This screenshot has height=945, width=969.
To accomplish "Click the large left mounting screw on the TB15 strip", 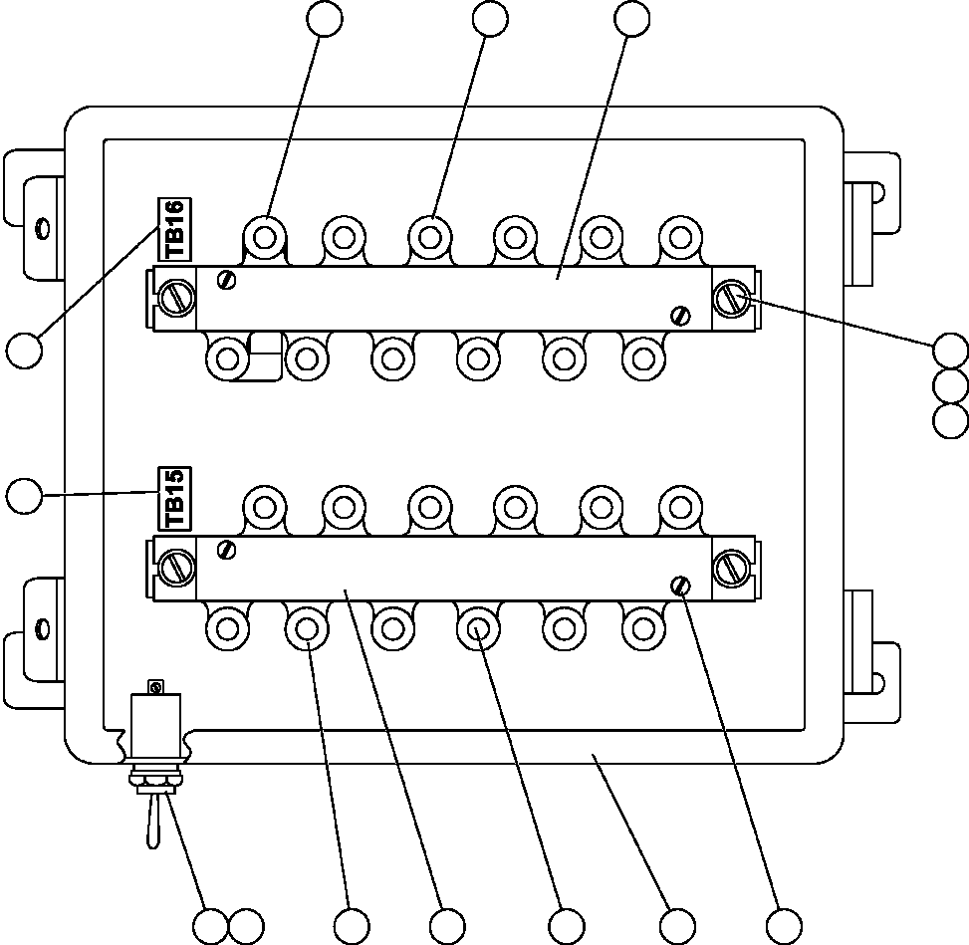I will tap(177, 567).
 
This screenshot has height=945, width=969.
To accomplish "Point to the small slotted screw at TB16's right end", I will tap(681, 315).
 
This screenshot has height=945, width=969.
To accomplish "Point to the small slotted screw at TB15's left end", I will tap(227, 549).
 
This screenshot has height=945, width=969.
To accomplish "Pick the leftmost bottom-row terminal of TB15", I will tap(227, 628).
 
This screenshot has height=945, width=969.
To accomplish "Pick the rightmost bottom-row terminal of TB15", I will tap(642, 628).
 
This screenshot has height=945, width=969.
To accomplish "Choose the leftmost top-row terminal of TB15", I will tap(265, 507).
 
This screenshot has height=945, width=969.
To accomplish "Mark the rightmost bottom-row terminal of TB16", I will tap(642, 355).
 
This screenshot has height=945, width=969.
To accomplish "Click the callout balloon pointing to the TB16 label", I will tap(24, 351).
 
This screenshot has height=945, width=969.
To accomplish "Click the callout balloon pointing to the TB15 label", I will tap(24, 495).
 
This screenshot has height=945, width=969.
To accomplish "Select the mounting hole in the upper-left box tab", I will tap(41, 229).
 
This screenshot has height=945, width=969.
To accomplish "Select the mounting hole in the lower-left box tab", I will tap(41, 628).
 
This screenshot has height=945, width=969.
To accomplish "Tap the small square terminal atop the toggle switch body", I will tap(154, 686).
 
